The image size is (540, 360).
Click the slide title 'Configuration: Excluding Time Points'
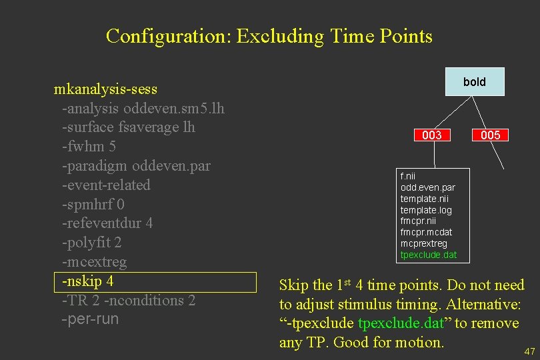pos(269,36)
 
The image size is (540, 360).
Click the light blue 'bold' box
pos(475,82)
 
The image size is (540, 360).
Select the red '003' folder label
pos(432,135)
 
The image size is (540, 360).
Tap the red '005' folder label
pos(490,135)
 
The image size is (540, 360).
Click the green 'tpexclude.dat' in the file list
pos(429,255)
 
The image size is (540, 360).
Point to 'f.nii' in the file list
pos(408,177)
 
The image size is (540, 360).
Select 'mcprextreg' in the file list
pos(424,244)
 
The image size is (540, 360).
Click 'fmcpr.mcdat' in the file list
pos(426,233)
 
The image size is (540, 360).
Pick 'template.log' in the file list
pos(426,210)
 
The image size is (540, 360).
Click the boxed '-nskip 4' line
pos(88,281)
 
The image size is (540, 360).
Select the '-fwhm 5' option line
pos(89,146)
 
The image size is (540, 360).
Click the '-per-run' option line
pos(90,319)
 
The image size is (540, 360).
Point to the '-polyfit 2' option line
pos(91,243)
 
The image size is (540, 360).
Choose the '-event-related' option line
pos(106,185)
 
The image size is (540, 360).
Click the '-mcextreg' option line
pos(94,262)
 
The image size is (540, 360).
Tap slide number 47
pos(530,351)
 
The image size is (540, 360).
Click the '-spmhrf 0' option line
pos(93,204)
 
